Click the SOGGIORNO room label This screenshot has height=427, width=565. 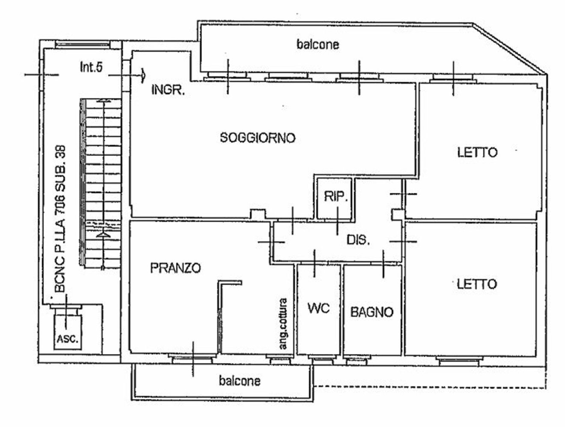[257, 138]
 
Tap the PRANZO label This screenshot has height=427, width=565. [175, 268]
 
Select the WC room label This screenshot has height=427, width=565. [319, 308]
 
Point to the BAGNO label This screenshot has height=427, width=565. [372, 312]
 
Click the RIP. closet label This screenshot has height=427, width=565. [337, 197]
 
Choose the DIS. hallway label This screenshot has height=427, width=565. [358, 240]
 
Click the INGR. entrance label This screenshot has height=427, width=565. [169, 91]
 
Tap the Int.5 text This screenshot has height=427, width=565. [91, 67]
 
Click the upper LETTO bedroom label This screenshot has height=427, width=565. [477, 152]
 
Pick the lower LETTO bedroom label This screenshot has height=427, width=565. [477, 284]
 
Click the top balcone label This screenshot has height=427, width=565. [318, 44]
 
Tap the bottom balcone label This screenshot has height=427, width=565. [239, 380]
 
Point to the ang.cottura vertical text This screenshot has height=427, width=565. [283, 324]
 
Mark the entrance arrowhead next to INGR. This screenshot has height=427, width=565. [143, 75]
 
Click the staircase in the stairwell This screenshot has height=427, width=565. [101, 184]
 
